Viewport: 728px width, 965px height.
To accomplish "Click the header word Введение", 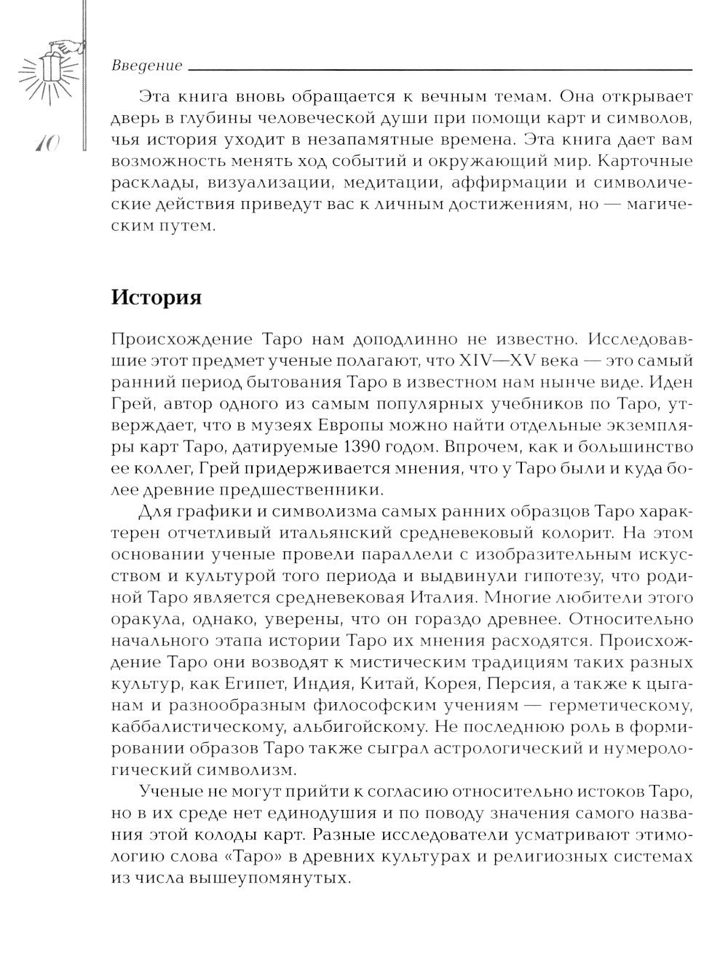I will (x=147, y=66).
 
